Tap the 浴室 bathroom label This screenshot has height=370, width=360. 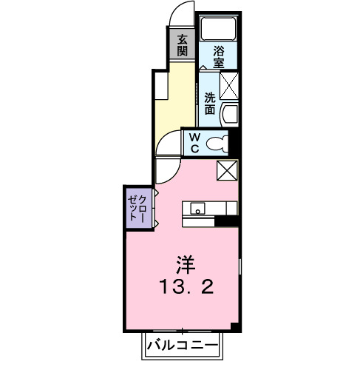[220, 57]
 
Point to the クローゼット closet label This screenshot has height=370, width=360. [137, 207]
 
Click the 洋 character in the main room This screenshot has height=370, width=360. [185, 264]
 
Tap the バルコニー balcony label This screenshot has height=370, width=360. [181, 346]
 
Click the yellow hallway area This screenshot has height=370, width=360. [174, 100]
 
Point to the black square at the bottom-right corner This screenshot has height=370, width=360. [234, 326]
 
